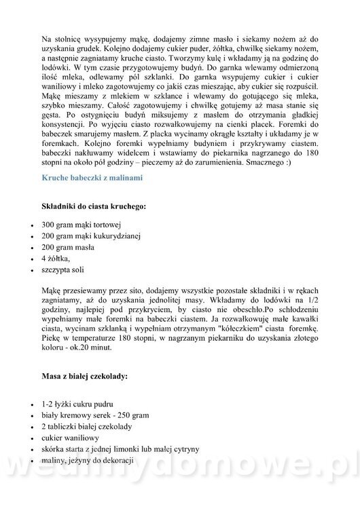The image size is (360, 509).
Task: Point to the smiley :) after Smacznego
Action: [x=309, y=163]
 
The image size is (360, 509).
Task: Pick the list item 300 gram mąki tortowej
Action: [x=80, y=225]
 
